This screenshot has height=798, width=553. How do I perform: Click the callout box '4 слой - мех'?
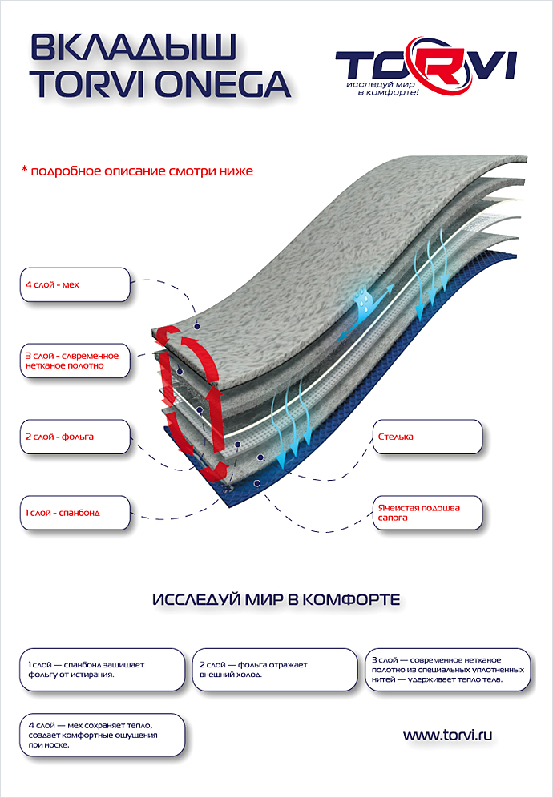coord(75,284)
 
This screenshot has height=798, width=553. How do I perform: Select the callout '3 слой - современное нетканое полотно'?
coord(75,361)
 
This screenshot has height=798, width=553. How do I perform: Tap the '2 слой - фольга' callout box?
coord(75,437)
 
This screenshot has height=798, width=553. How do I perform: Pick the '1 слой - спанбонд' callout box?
coord(75,513)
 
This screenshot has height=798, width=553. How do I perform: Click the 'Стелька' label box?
coord(428,437)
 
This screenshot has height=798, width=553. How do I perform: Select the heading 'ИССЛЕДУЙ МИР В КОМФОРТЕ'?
coord(276,600)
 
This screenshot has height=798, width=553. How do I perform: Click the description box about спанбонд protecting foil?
coord(103,669)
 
